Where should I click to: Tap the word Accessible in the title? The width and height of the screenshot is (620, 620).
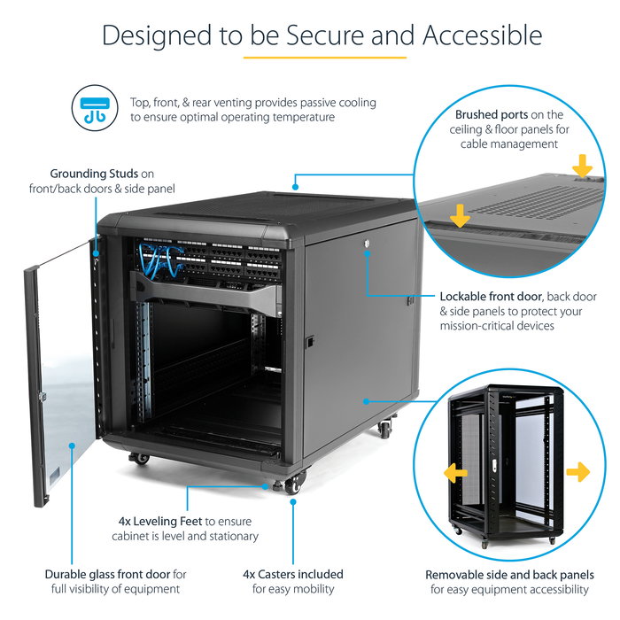pyautogui.click(x=482, y=35)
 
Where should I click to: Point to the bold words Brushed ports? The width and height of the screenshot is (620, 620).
pyautogui.click(x=492, y=115)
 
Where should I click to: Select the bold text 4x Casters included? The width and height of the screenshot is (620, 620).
pyautogui.click(x=293, y=574)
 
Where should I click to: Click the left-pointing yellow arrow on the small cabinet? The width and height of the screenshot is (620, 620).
pyautogui.click(x=456, y=472)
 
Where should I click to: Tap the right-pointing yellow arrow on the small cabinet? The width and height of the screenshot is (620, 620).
pyautogui.click(x=577, y=472)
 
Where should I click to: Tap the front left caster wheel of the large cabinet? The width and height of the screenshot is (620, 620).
pyautogui.click(x=138, y=458)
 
